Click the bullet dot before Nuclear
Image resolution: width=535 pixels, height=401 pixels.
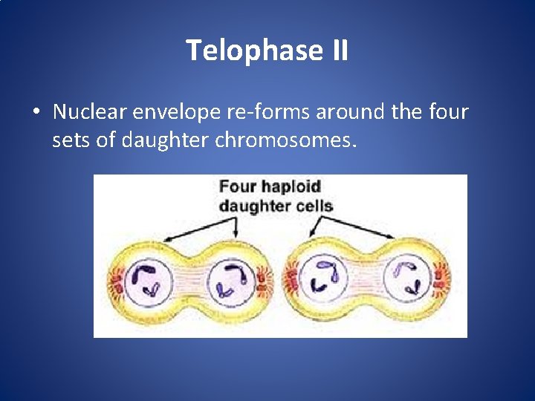(x=36, y=114)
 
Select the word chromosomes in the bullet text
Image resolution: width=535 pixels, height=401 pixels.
(x=285, y=140)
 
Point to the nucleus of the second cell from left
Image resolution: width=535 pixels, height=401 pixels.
(x=230, y=283)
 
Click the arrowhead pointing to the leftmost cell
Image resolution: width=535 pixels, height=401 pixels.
(x=165, y=240)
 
